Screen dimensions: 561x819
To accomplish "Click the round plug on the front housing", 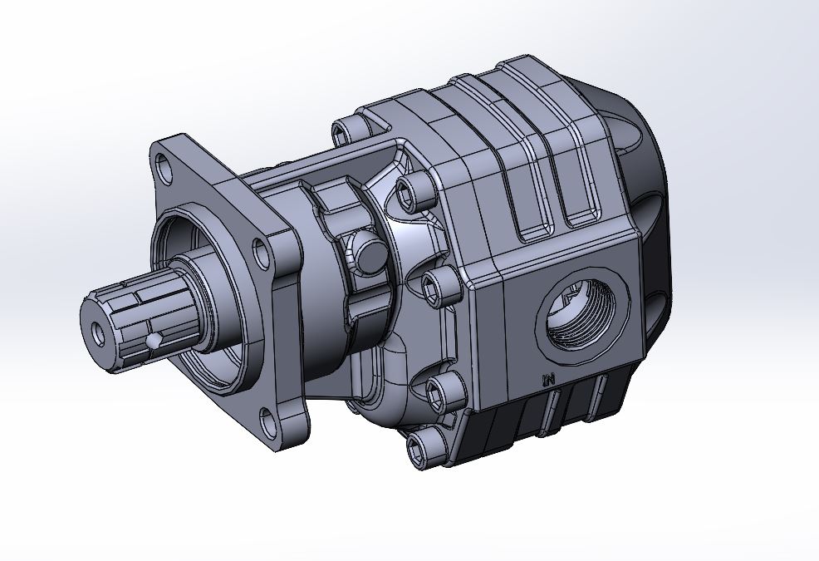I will point(367,252).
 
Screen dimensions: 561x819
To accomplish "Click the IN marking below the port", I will point(547,380).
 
